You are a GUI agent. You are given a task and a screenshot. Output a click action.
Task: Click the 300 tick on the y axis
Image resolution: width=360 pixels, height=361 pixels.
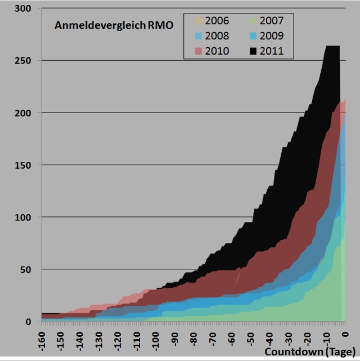[x=23, y=8]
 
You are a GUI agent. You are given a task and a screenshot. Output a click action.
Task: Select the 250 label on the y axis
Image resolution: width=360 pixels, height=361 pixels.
[x=23, y=61]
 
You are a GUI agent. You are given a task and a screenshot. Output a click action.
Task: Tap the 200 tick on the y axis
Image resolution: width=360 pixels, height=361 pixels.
[x=23, y=113]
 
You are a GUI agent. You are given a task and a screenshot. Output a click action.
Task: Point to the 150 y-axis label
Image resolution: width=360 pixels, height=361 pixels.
[x=23, y=165]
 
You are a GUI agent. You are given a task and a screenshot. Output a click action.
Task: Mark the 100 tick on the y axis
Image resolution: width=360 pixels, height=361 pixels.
[x=23, y=218]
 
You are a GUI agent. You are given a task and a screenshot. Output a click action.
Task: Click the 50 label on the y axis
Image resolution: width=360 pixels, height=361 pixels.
[x=26, y=269]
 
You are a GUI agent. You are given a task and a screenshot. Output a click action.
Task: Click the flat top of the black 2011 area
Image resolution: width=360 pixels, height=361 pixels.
[x=332, y=47]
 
